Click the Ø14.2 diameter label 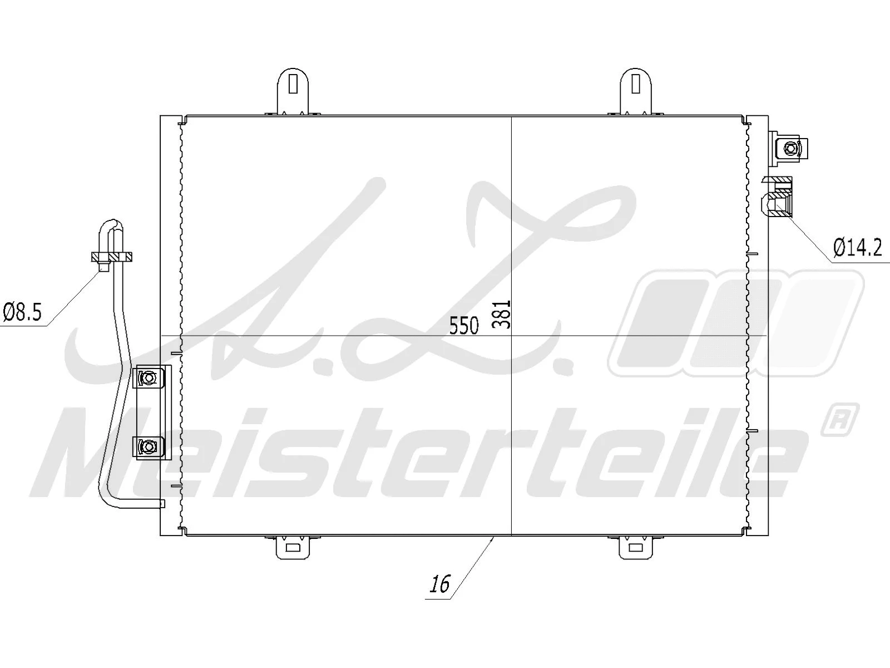857,247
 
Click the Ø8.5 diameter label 22,312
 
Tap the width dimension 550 464,326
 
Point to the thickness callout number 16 439,584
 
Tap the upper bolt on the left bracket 149,378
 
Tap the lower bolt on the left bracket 148,446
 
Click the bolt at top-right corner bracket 790,148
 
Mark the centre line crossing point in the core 511,336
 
